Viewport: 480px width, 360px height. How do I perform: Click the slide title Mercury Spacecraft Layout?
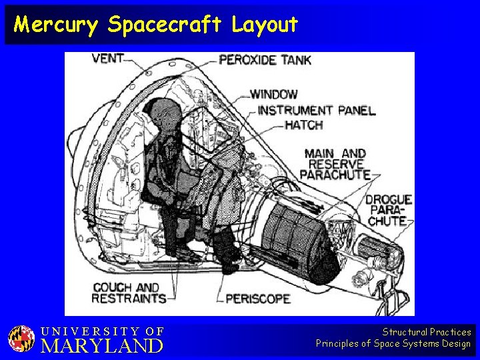pyautogui.click(x=156, y=25)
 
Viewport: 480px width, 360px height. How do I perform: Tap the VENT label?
pyautogui.click(x=107, y=58)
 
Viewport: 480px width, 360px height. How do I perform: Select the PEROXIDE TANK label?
pyautogui.click(x=265, y=60)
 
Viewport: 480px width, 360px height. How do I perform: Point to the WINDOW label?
pyautogui.click(x=273, y=95)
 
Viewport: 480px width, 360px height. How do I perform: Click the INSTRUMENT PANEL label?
pyautogui.click(x=316, y=110)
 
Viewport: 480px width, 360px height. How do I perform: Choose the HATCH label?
pyautogui.click(x=303, y=125)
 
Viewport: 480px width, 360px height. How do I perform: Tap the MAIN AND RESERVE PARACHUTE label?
pyautogui.click(x=335, y=163)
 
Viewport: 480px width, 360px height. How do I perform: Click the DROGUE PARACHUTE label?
pyautogui.click(x=388, y=209)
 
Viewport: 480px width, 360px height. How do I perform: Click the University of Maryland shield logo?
pyautogui.click(x=21, y=339)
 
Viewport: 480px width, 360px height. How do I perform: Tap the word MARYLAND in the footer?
pyautogui.click(x=102, y=346)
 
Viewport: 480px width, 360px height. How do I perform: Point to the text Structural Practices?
pyautogui.click(x=427, y=332)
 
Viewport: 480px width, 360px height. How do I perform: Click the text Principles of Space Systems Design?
pyautogui.click(x=393, y=344)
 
